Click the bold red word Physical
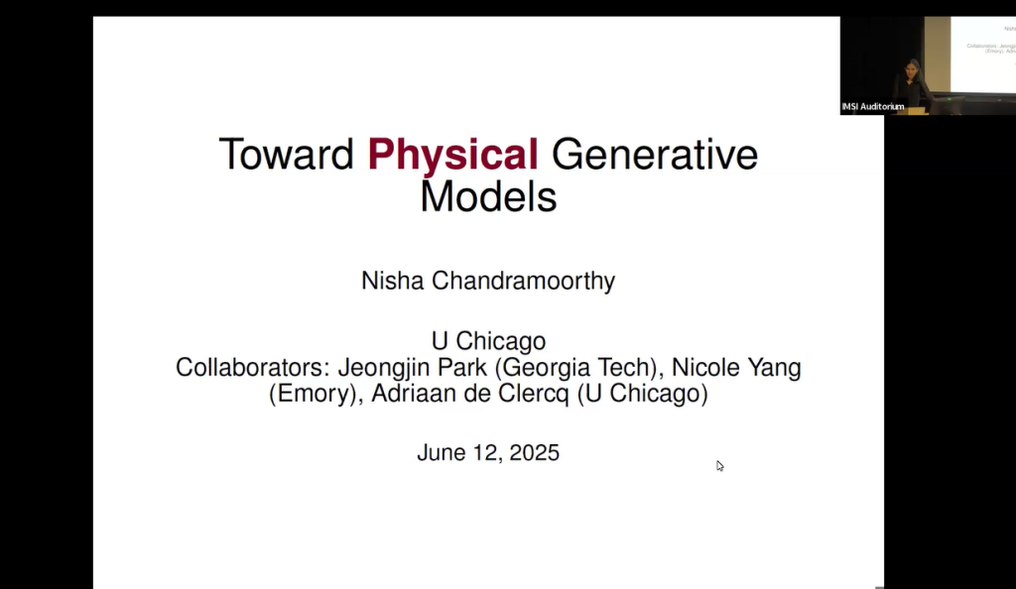(x=452, y=155)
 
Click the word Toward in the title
(x=286, y=155)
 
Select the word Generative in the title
(x=654, y=155)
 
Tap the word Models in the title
(x=487, y=195)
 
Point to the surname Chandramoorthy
(x=523, y=281)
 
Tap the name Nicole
(x=704, y=367)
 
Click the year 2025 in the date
(x=534, y=453)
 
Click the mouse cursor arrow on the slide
(x=719, y=465)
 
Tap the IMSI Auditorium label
(x=873, y=107)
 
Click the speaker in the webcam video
(x=911, y=81)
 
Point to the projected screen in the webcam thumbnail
(x=982, y=50)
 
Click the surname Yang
(x=774, y=367)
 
